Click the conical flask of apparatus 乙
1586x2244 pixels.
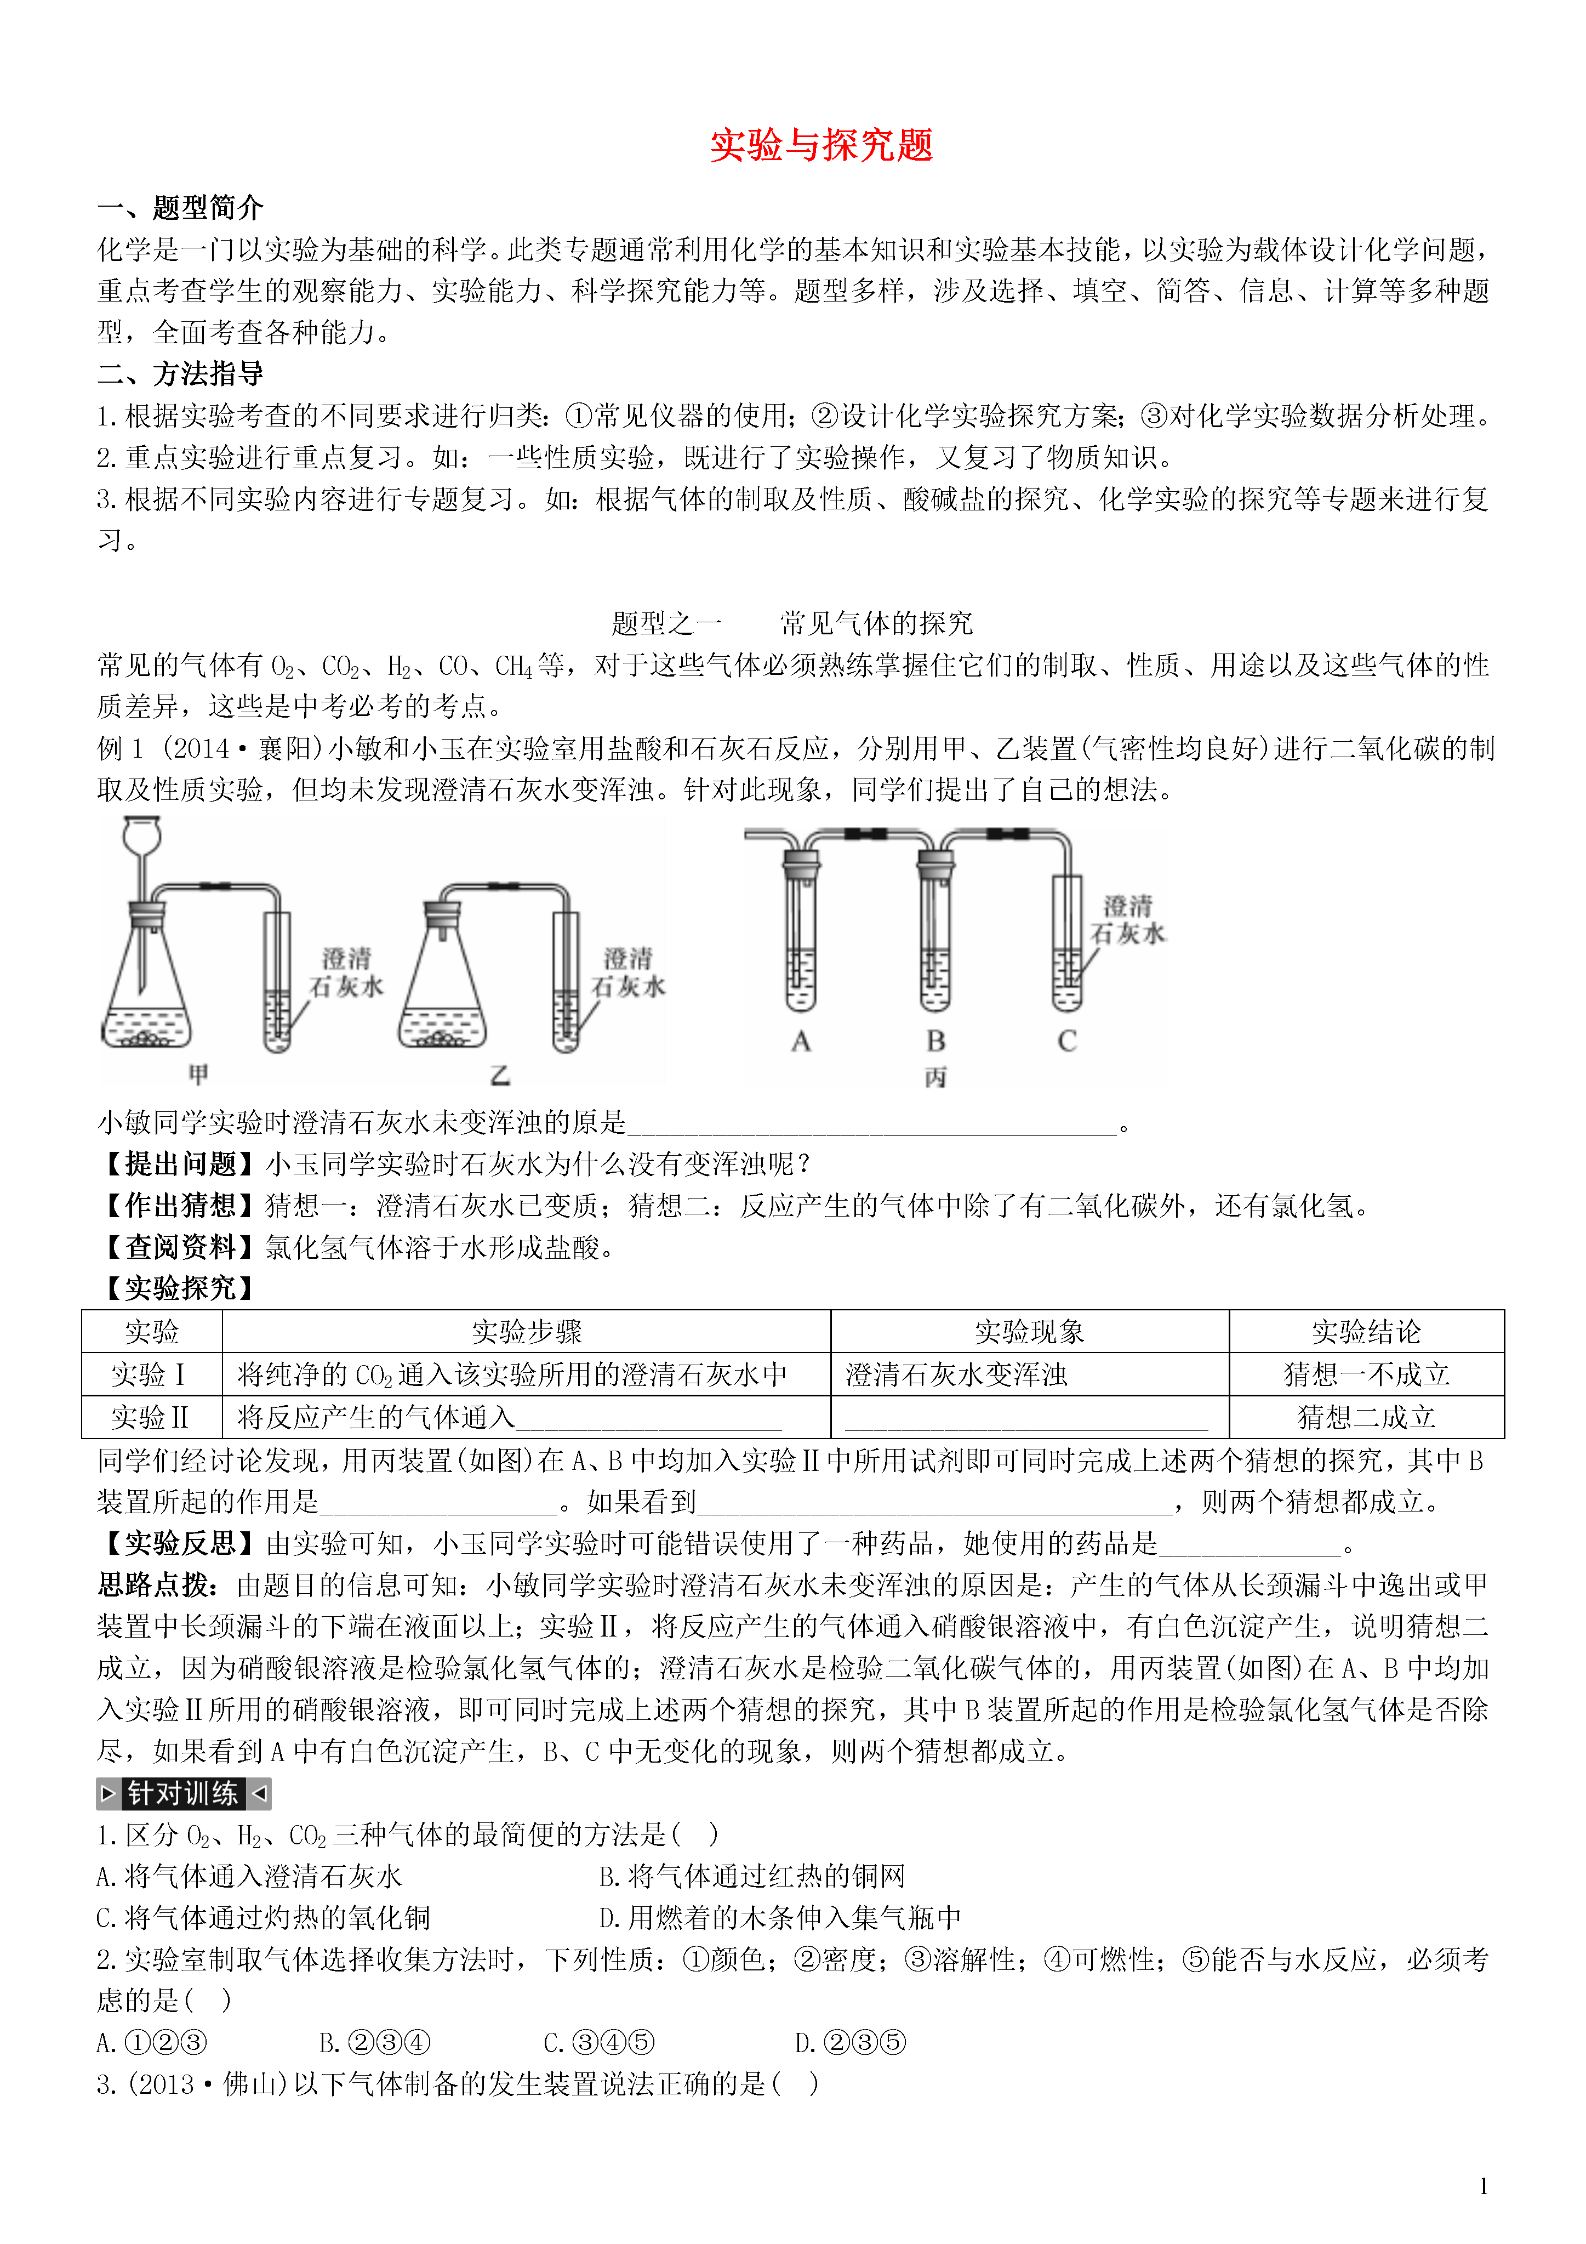click(443, 987)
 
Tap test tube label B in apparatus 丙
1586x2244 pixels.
click(935, 1041)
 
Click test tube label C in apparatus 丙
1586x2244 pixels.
click(1067, 1041)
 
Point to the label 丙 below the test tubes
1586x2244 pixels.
click(935, 1076)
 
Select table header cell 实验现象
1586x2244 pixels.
click(1029, 1331)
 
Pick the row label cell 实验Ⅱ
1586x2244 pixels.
click(151, 1417)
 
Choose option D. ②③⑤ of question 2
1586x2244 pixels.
click(849, 2043)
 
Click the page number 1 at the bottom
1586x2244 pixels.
click(1484, 2186)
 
